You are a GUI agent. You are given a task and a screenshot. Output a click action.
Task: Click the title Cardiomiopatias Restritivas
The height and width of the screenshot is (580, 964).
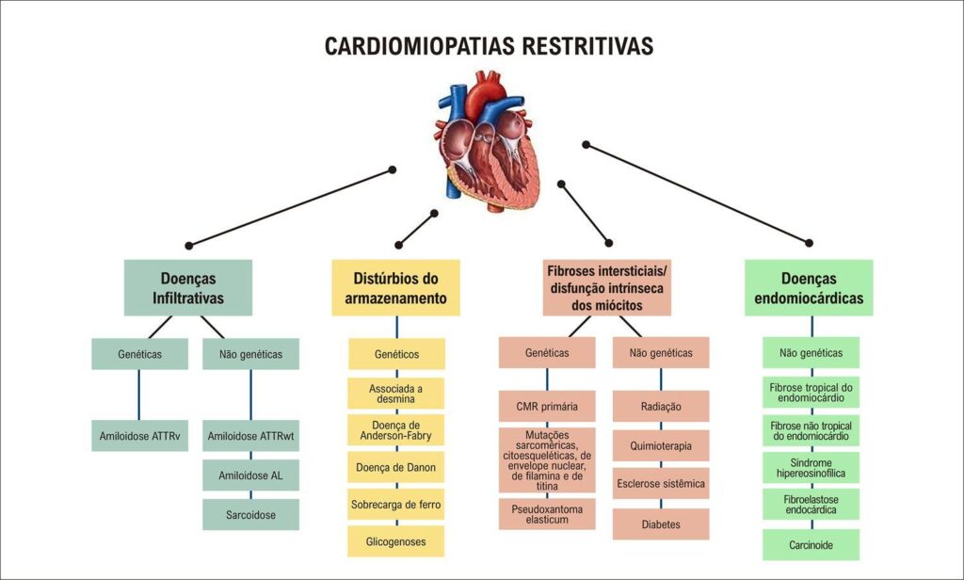point(489,46)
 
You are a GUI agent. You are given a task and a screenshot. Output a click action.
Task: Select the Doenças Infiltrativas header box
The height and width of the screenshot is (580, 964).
point(188,288)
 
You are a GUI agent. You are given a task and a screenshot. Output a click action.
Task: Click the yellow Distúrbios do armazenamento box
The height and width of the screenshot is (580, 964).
point(396,288)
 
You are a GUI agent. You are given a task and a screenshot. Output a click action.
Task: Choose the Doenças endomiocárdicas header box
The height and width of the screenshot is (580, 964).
point(809,288)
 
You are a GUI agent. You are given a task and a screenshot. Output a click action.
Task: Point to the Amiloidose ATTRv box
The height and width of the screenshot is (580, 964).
point(140,436)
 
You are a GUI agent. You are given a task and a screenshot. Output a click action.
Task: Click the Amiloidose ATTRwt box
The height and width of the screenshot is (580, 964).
point(250,436)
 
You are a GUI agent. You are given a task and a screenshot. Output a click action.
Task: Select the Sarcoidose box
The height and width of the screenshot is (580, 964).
point(250,515)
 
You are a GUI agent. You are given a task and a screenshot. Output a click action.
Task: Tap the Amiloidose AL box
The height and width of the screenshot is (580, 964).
point(250,475)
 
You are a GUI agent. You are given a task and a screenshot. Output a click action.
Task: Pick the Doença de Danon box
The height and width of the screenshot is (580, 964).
point(396,467)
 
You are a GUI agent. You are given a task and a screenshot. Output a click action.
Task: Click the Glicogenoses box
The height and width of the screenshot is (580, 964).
point(396,541)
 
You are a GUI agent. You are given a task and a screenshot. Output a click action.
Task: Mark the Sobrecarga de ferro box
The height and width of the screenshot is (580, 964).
point(396,505)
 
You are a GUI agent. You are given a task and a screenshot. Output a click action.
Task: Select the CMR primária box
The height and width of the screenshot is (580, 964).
point(547,407)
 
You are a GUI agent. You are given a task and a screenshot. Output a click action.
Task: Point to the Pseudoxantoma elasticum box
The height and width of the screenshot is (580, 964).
point(547,514)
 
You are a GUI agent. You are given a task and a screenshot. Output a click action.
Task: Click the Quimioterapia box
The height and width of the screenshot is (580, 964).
point(661,446)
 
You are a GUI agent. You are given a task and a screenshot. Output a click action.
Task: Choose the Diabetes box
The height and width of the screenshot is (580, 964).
point(661,524)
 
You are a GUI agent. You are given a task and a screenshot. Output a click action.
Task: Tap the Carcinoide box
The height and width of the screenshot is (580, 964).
point(811,545)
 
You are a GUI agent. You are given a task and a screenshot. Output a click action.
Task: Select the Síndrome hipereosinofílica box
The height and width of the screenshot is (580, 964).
point(811,468)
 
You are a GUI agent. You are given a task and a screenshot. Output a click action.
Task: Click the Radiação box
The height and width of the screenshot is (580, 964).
point(661,407)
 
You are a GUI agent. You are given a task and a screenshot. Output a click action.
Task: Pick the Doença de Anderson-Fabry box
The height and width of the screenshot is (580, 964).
point(396,430)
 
